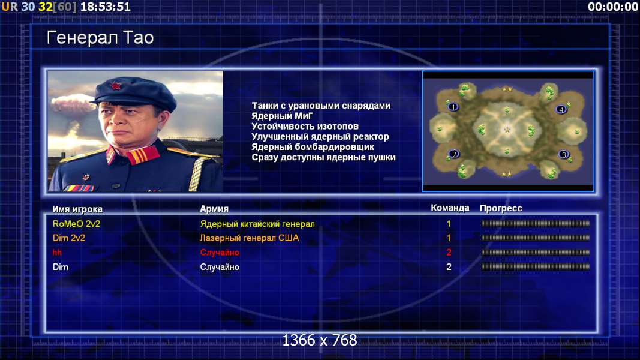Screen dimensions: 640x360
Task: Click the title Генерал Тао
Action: coord(100,38)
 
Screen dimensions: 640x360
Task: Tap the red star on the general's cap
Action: coord(115,86)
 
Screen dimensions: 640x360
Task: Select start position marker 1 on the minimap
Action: coord(453,107)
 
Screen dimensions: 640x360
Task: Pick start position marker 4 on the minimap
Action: coord(561,109)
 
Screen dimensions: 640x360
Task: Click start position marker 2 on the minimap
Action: coord(454,154)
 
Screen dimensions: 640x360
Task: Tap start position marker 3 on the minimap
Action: coord(564,155)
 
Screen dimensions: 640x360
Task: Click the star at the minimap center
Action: coord(507,130)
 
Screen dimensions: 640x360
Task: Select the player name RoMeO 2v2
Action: coord(76,224)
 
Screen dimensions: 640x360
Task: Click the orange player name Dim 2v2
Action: coord(69,238)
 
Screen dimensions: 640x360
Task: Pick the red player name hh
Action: coord(57,253)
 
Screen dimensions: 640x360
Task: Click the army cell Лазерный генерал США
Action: coord(250,238)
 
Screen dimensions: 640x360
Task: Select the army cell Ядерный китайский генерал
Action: coord(257,224)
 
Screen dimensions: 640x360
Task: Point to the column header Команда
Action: coord(450,208)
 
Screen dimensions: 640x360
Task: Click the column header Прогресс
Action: coord(501,208)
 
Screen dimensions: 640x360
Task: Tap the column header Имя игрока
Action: coord(77,209)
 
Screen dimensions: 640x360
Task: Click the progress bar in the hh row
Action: coord(536,253)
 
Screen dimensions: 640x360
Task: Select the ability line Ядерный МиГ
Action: coord(282,116)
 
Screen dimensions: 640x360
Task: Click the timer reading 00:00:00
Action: coord(612,7)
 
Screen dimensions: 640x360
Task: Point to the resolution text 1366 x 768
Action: coord(320,340)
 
